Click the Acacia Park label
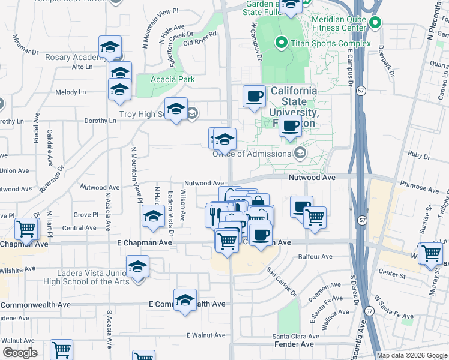173,79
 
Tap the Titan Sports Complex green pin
280,43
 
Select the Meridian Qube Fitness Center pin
376,23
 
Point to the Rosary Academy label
72,58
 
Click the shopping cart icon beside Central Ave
26,229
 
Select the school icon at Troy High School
176,109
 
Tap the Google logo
20,353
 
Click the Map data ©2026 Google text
412,355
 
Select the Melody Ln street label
71,92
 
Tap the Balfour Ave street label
315,257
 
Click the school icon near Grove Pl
152,216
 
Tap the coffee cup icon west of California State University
254,96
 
